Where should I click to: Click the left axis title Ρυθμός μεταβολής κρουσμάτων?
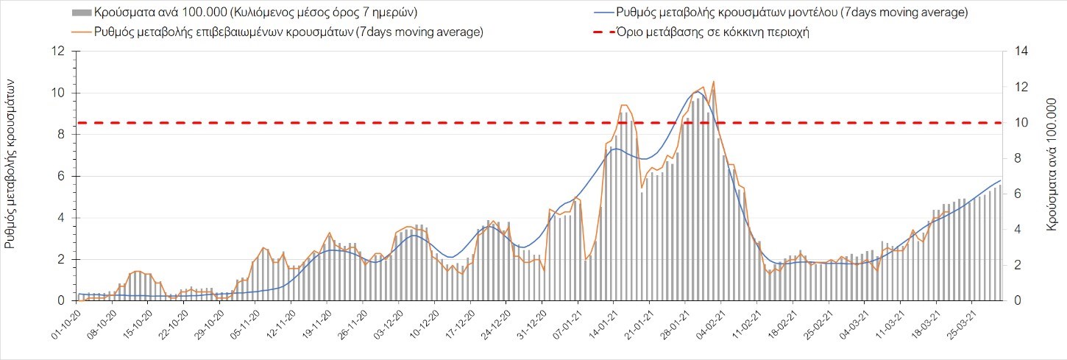[x=11, y=164]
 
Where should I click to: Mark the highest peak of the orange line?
[x=713, y=82]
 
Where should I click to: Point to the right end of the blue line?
[x=1000, y=180]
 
